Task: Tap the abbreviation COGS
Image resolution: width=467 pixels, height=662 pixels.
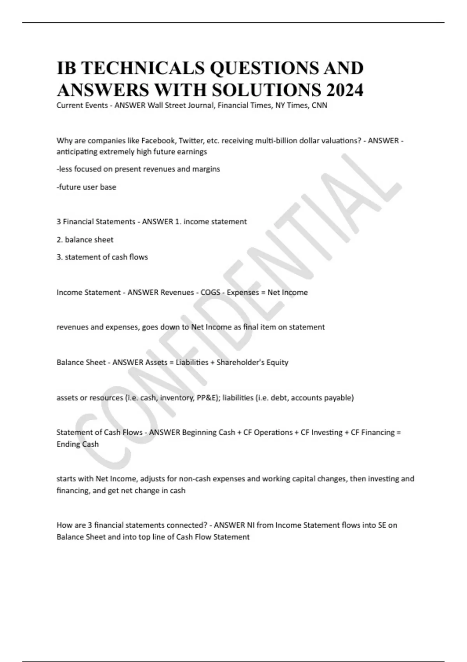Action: click(x=210, y=292)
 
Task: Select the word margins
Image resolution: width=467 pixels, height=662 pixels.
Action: click(x=206, y=169)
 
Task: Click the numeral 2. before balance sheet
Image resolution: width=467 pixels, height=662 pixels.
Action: click(x=60, y=240)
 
